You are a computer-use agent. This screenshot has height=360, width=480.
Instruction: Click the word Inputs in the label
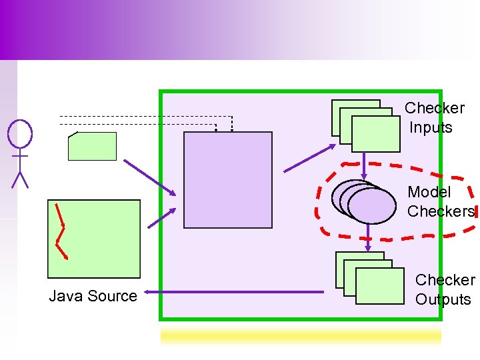(431, 127)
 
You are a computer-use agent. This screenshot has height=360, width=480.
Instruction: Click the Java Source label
(93, 296)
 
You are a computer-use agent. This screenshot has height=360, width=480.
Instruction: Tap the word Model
(429, 192)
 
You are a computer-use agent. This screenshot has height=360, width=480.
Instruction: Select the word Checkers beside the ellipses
(441, 211)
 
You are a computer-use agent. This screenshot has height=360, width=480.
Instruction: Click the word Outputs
(443, 299)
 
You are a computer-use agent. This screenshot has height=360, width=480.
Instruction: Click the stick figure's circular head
(20, 133)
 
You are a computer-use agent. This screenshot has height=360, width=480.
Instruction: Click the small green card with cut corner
(92, 147)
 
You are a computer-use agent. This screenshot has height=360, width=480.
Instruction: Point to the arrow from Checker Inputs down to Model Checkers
(363, 159)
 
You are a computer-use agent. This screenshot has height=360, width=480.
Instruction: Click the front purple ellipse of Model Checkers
(372, 205)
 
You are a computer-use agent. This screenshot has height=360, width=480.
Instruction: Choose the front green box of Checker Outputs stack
(380, 285)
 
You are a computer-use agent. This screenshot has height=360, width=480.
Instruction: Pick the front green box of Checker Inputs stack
(376, 134)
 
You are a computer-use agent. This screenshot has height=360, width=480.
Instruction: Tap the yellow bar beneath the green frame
(301, 336)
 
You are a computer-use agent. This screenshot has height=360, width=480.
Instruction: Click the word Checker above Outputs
(445, 280)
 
